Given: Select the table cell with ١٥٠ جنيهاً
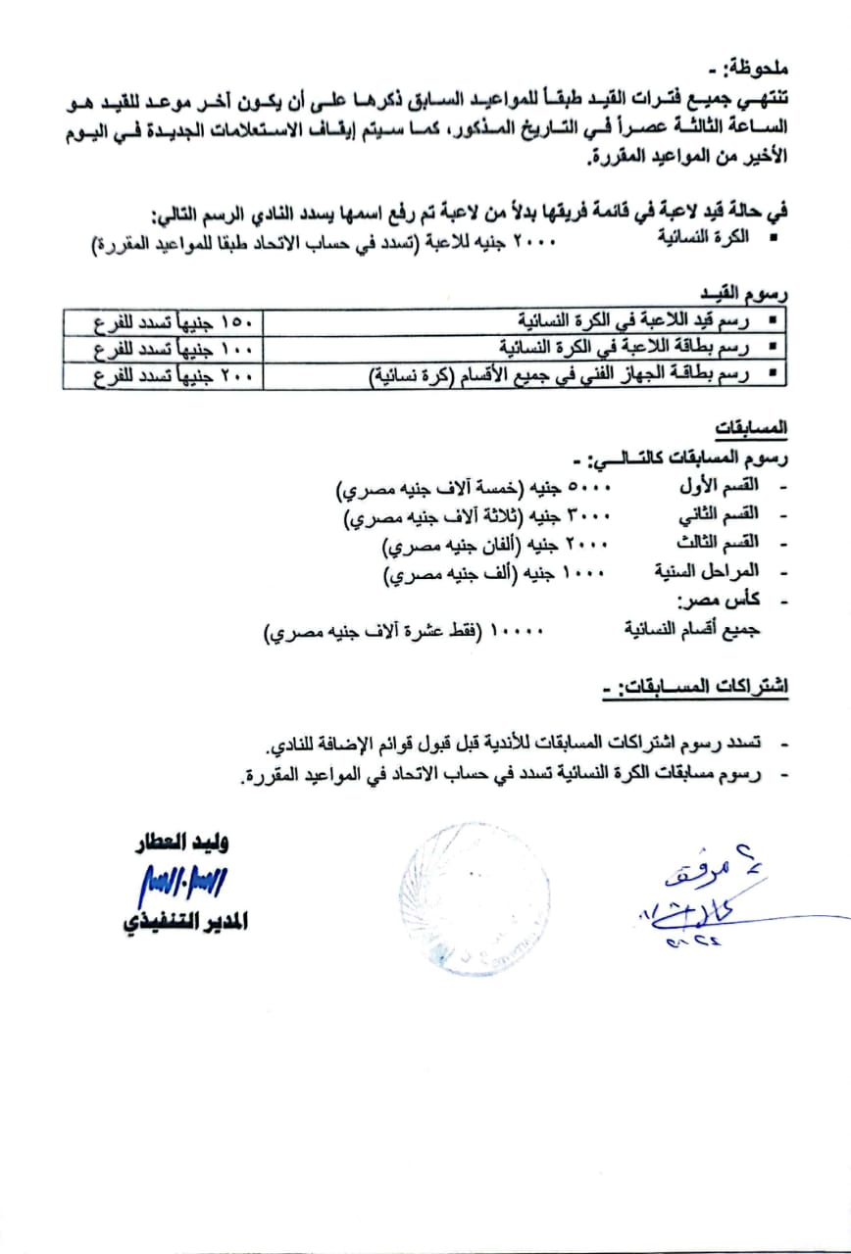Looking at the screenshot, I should [162, 322].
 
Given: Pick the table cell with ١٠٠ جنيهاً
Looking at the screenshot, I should [162, 348].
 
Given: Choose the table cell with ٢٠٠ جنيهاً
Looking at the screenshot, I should [162, 374].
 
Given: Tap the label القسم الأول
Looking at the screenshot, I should [719, 486].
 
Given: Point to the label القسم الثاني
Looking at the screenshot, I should [719, 515].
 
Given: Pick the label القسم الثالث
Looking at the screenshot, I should [719, 544].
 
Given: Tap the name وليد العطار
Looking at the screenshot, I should [185, 844].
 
